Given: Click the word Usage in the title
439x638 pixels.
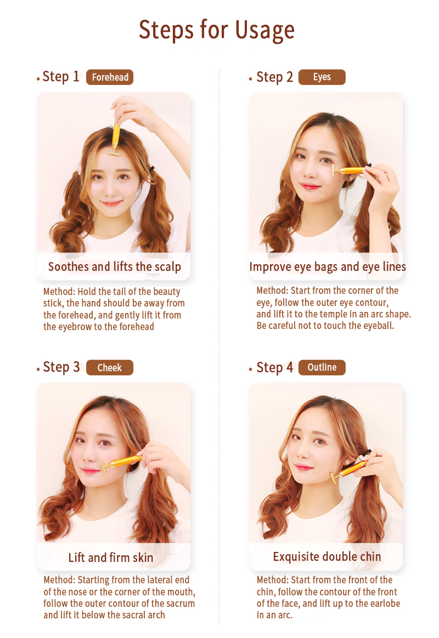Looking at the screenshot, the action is point(264,31).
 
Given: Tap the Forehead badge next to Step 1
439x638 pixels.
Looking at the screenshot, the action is point(110,77).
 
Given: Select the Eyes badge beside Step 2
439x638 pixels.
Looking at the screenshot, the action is point(322,77).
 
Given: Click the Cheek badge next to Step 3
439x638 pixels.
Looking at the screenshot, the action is point(110,367).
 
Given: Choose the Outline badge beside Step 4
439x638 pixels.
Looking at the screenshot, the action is point(322,367).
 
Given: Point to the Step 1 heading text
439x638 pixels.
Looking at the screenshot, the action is point(61,77).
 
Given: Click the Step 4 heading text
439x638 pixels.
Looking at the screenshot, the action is point(274,367).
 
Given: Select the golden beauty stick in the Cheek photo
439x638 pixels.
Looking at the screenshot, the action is point(121,463).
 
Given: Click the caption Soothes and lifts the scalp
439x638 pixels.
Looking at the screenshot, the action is point(115,267).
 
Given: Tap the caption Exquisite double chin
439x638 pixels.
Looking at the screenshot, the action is point(327,557).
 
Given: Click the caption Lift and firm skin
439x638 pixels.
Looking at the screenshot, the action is point(111,557).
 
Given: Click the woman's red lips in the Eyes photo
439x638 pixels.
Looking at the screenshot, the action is point(310,186).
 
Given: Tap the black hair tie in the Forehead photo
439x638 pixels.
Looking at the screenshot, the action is point(153,168).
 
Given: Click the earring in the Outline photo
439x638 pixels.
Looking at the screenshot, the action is point(348,462).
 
